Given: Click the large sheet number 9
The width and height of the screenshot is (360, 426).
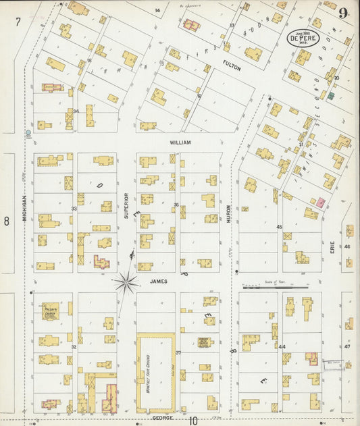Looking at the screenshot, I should tap(344, 13).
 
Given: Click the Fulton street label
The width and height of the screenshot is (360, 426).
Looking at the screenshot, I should tap(232, 64).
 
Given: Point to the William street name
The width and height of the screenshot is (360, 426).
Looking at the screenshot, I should tap(180, 143).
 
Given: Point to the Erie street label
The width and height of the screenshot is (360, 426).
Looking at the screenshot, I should tap(332, 249).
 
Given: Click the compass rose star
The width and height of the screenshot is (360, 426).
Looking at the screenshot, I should tap(126, 282).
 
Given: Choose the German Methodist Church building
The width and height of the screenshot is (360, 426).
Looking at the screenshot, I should tap(206, 342).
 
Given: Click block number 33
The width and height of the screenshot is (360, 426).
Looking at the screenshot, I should tap(74, 209).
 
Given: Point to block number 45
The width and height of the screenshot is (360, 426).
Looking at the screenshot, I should tap(279, 228).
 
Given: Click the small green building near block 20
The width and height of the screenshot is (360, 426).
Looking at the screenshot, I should tap(331, 96).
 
